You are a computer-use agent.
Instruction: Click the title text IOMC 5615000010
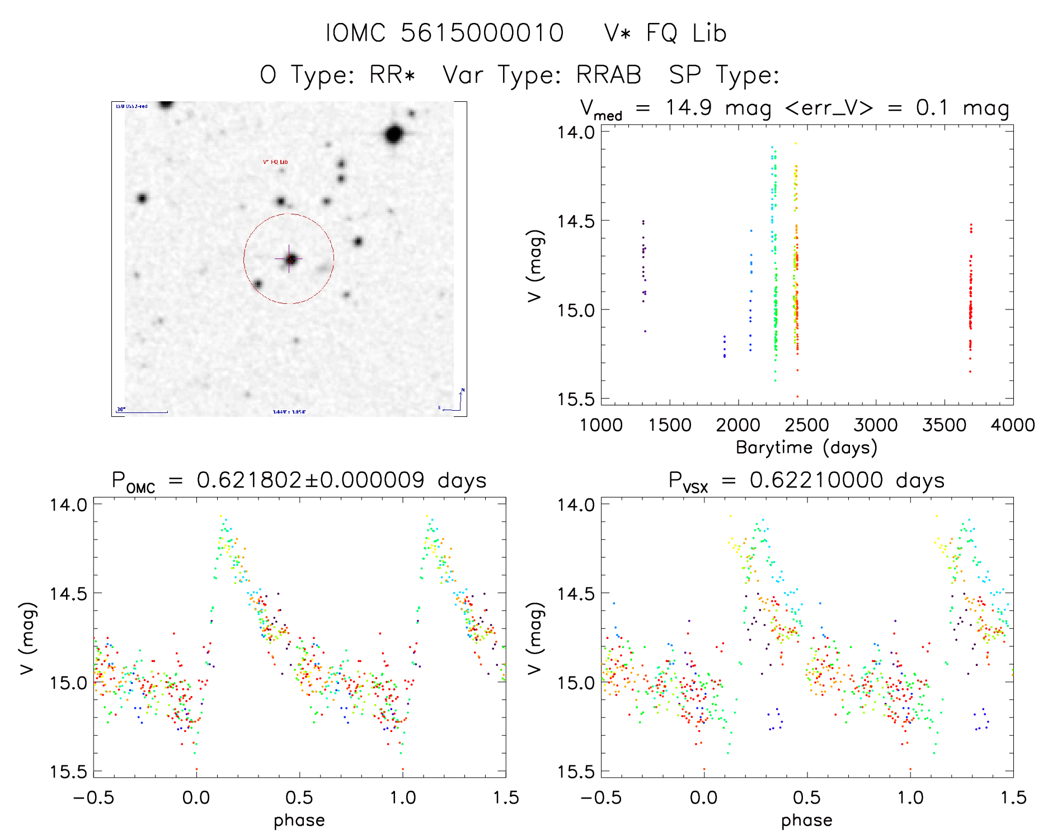tap(444, 33)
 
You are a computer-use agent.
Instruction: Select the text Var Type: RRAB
tap(542, 75)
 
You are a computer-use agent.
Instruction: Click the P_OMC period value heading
tap(299, 481)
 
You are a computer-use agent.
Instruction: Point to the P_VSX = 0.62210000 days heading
tap(806, 481)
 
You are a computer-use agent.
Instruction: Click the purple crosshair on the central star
tap(289, 259)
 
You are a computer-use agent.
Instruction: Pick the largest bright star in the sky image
tap(394, 135)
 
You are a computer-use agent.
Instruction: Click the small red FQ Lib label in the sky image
tap(275, 162)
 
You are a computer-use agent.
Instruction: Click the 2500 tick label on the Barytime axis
tap(807, 425)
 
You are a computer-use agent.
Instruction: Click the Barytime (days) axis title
tap(806, 448)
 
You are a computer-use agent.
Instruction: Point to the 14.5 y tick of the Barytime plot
tap(575, 221)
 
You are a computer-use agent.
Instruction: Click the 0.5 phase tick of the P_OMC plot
tap(299, 797)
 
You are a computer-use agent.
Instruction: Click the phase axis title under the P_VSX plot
tap(806, 820)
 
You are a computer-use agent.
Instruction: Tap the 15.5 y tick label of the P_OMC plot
tap(68, 772)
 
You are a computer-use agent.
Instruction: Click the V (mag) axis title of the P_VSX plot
tap(535, 638)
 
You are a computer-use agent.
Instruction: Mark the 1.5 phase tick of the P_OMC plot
tap(506, 797)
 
